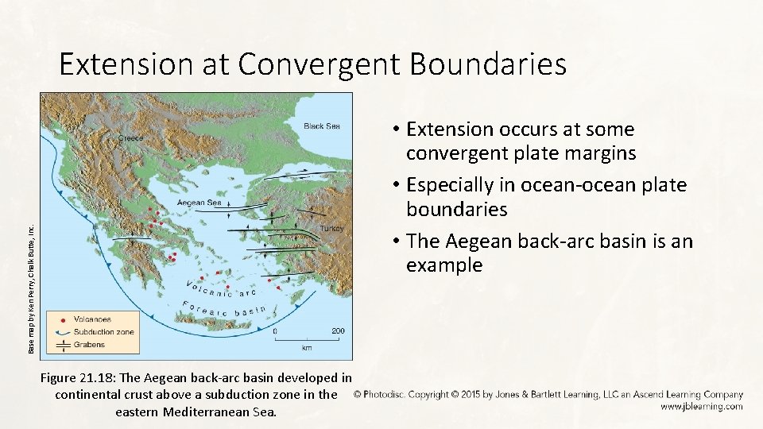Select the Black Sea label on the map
322,126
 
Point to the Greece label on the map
131,137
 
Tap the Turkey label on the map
331,228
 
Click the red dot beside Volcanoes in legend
62,319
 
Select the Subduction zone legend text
103,332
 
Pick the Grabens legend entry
88,345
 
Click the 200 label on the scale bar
338,330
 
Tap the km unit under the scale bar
307,347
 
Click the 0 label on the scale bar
276,330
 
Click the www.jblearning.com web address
701,406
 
